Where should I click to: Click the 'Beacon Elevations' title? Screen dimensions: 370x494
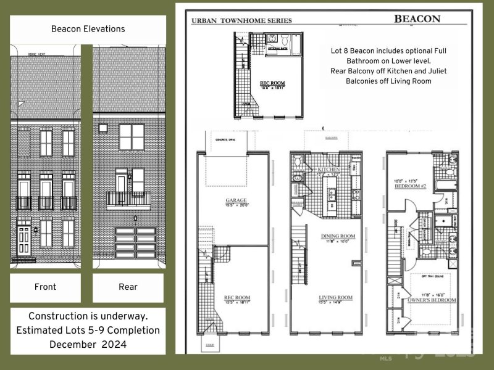(x=88, y=29)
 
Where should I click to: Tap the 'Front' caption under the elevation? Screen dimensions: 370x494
(x=45, y=287)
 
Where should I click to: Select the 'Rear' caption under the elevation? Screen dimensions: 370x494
(x=128, y=287)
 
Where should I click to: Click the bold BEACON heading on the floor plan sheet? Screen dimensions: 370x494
(x=417, y=18)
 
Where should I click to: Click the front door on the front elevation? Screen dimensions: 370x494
(x=23, y=240)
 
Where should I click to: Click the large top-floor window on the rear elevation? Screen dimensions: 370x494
(x=131, y=137)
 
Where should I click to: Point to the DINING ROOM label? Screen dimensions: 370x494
(x=337, y=236)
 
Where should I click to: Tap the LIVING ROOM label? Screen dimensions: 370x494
(x=335, y=298)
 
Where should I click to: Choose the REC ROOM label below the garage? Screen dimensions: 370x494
(x=237, y=298)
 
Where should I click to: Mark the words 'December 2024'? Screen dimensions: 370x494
(x=88, y=343)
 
